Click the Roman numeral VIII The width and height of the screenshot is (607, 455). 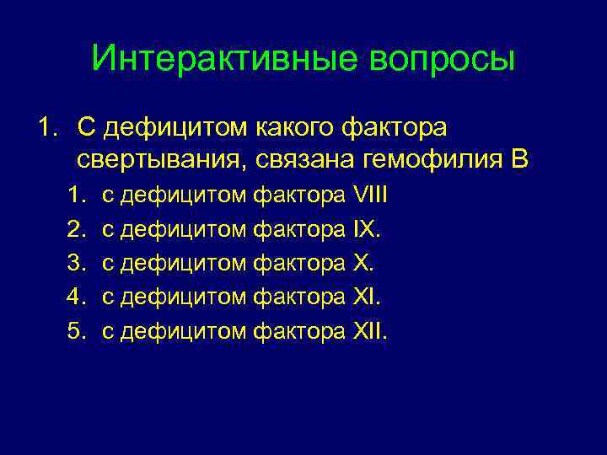pos(370,196)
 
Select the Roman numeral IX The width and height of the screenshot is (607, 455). pos(366,230)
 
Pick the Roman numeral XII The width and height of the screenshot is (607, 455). pos(370,331)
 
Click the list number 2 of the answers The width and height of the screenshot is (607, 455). pos(75,230)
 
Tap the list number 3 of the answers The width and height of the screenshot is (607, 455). pos(75,264)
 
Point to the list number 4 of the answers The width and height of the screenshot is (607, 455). pos(75,297)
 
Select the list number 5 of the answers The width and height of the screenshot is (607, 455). pos(75,331)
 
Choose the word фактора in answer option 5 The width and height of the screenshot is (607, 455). pos(299,331)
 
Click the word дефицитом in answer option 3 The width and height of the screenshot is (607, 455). pos(185,264)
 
